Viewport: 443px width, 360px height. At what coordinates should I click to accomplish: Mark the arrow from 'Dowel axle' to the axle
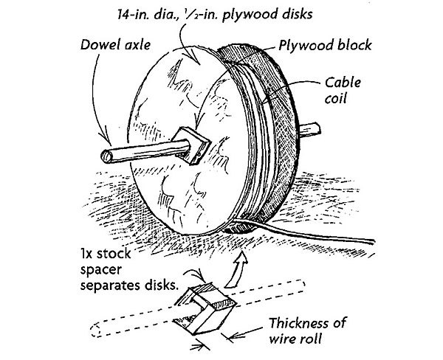click(x=92, y=103)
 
